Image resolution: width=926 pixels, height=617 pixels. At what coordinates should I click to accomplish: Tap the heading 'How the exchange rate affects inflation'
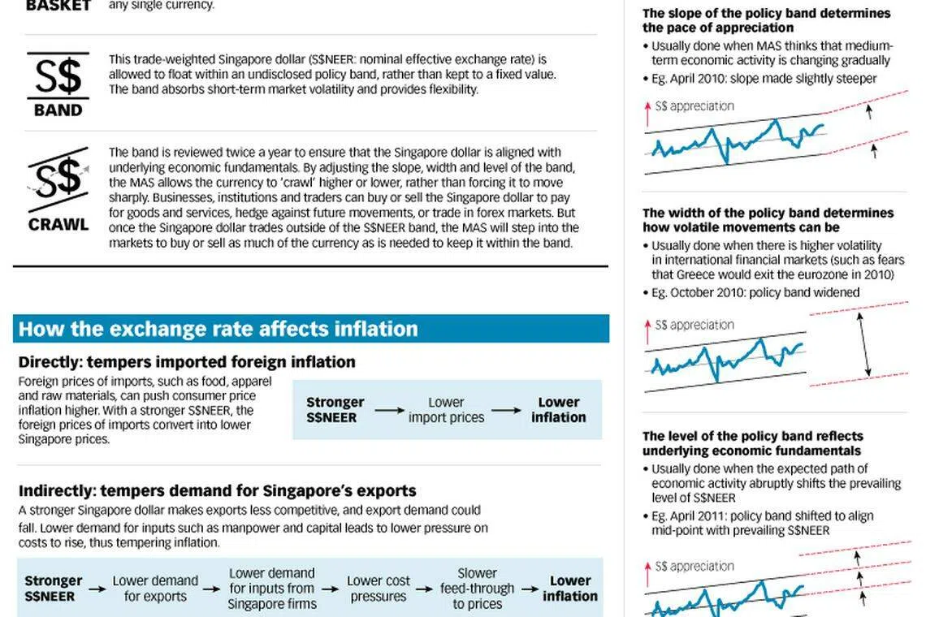click(219, 329)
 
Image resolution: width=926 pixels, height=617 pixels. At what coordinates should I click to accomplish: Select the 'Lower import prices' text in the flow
click(446, 410)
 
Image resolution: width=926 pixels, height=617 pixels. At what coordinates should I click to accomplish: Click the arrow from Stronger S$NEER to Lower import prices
click(389, 411)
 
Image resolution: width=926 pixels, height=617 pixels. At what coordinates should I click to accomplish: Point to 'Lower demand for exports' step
click(155, 589)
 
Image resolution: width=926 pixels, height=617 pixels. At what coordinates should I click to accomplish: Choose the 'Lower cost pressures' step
click(378, 589)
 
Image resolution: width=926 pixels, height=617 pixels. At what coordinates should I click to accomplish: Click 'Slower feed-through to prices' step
click(477, 589)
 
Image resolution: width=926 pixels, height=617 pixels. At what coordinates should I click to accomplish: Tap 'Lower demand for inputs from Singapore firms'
click(271, 589)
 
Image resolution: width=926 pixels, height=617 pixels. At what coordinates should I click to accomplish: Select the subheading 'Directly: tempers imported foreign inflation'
click(187, 362)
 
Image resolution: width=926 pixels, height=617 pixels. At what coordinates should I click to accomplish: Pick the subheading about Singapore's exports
click(218, 490)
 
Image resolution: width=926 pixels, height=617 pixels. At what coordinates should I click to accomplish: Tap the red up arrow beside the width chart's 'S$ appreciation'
click(648, 326)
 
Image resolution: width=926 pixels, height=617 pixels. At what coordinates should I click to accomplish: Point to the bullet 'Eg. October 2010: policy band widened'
click(755, 292)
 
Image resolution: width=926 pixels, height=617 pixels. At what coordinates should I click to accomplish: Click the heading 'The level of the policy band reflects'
click(752, 436)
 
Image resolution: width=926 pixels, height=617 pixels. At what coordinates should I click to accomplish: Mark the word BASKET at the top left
click(58, 5)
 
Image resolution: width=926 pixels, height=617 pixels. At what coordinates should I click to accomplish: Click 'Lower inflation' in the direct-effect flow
click(558, 410)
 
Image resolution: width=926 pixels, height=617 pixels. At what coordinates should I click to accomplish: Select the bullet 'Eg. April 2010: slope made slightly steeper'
click(764, 79)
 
